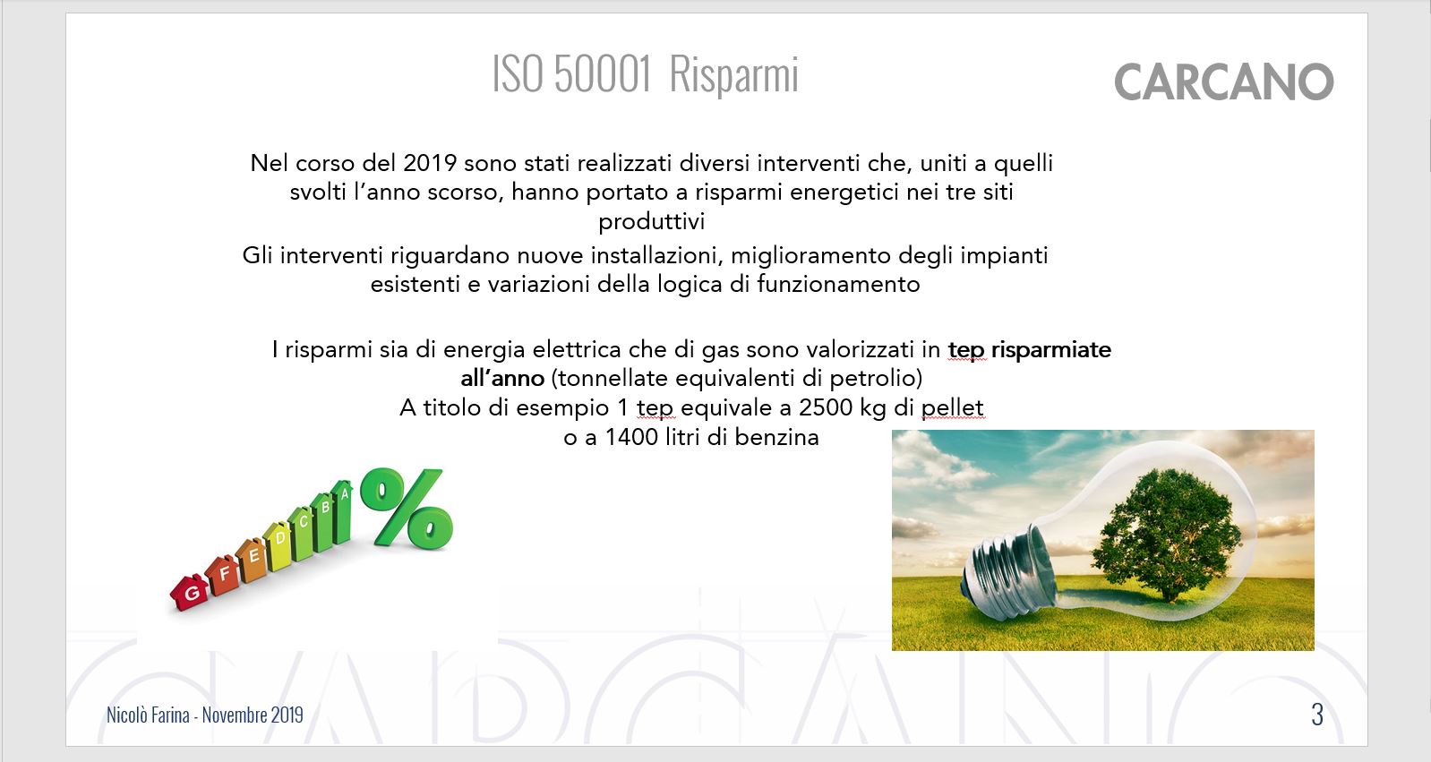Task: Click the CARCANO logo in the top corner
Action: click(1224, 81)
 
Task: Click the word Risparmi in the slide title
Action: click(734, 74)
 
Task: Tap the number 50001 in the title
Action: click(603, 73)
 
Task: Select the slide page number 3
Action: click(1317, 715)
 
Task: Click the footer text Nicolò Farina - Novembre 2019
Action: click(205, 715)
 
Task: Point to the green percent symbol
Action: click(407, 508)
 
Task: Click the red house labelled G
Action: click(189, 592)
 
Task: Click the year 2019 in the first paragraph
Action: click(429, 164)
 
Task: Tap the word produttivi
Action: click(652, 222)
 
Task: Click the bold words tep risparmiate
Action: click(1029, 350)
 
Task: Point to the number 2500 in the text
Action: click(826, 407)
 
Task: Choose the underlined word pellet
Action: click(953, 407)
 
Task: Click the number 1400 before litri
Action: click(631, 438)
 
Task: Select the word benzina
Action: click(776, 438)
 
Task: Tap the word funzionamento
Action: click(838, 284)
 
